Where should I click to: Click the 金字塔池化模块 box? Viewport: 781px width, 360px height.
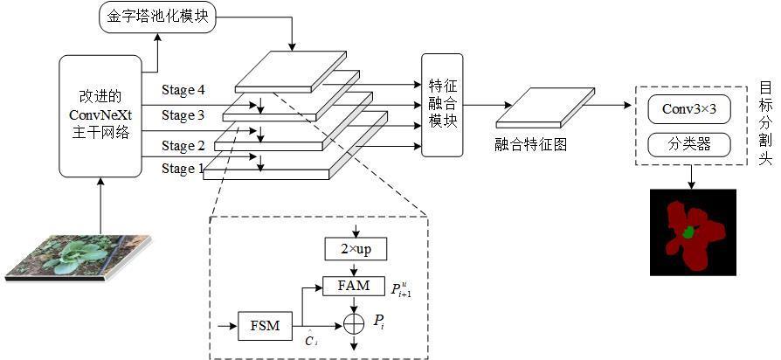157,17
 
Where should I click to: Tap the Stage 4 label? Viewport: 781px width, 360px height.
183,90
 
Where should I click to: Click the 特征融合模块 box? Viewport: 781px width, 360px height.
442,105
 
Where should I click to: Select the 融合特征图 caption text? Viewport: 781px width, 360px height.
530,145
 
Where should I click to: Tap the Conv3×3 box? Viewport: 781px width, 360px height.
690,110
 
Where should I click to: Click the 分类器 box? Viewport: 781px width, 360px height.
690,143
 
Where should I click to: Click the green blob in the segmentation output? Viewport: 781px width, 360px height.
689,232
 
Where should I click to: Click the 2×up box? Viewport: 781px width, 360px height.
355,250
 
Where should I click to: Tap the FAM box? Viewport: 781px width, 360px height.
355,284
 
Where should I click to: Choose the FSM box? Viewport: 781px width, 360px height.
265,326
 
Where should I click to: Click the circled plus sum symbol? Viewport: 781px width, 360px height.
355,323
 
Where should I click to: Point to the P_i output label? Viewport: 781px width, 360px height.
378,322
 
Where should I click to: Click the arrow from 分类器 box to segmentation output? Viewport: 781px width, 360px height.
690,175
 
